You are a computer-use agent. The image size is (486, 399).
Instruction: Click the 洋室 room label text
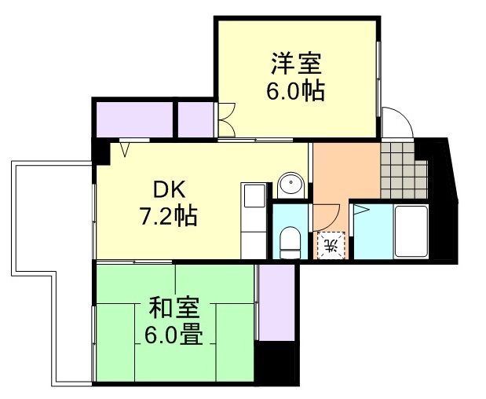296,62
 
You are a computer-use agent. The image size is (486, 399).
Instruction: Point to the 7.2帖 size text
169,215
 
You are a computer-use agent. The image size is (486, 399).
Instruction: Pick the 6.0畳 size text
174,335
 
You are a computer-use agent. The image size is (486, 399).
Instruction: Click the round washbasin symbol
291,186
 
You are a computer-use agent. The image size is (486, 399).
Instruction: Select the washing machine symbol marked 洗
331,245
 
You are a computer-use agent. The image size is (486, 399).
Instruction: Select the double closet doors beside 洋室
226,120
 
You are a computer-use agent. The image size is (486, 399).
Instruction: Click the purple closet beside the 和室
275,302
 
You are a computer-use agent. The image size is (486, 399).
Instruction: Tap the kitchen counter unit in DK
254,220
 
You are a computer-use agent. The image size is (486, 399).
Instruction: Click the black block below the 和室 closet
276,362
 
